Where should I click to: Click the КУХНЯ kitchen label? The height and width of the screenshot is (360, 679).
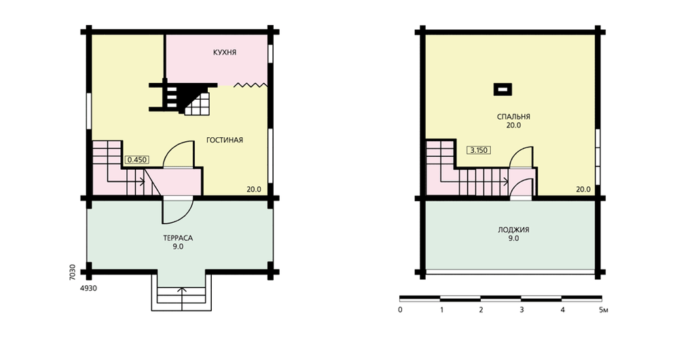225,52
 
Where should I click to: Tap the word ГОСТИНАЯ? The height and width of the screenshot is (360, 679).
224,140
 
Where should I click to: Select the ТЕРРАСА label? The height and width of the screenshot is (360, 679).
178,238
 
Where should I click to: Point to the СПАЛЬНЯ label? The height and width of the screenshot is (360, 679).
513,117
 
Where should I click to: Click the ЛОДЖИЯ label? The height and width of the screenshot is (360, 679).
513,230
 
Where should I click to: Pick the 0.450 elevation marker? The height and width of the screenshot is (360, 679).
137,160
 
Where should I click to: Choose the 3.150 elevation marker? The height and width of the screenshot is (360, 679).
479,150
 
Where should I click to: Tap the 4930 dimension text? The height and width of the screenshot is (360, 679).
88,288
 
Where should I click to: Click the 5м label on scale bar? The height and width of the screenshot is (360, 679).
604,310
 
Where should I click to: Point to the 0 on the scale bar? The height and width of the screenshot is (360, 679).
400,310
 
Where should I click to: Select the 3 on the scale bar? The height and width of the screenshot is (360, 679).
521,310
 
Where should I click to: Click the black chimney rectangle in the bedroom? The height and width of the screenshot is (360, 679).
502,89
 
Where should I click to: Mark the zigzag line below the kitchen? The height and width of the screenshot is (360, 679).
251,85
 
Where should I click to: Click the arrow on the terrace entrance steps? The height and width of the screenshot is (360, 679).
182,299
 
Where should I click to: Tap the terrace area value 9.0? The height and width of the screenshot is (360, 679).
178,247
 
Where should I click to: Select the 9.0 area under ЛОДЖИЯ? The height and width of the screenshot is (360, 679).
513,238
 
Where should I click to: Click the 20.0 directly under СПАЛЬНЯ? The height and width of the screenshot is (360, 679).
513,125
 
